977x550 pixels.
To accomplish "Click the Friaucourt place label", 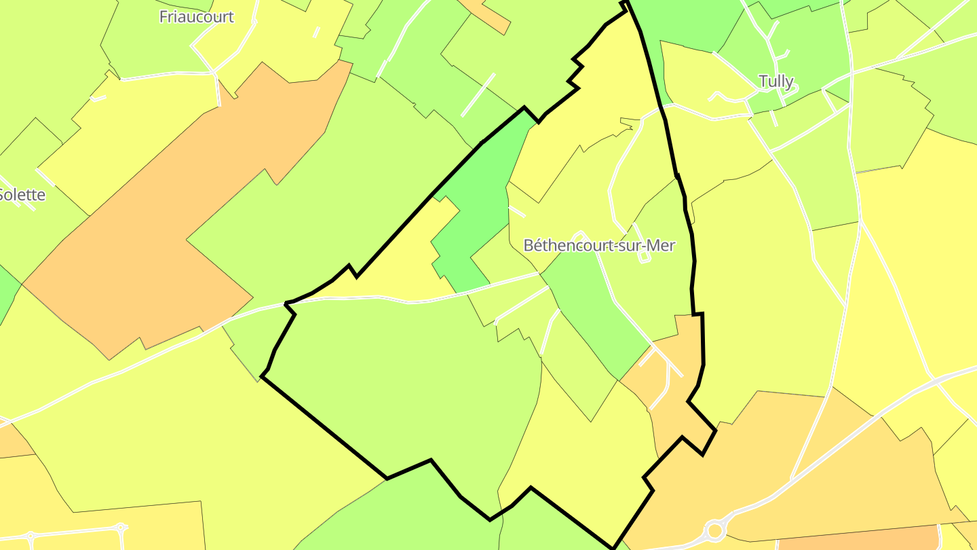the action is (196, 17).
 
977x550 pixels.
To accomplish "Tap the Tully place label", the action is (775, 81).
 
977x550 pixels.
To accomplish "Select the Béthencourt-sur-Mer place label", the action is (599, 245).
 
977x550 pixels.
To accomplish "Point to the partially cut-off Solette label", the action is (22, 195).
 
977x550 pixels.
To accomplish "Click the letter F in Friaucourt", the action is (164, 17).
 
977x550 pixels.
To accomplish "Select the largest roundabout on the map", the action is (714, 530).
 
